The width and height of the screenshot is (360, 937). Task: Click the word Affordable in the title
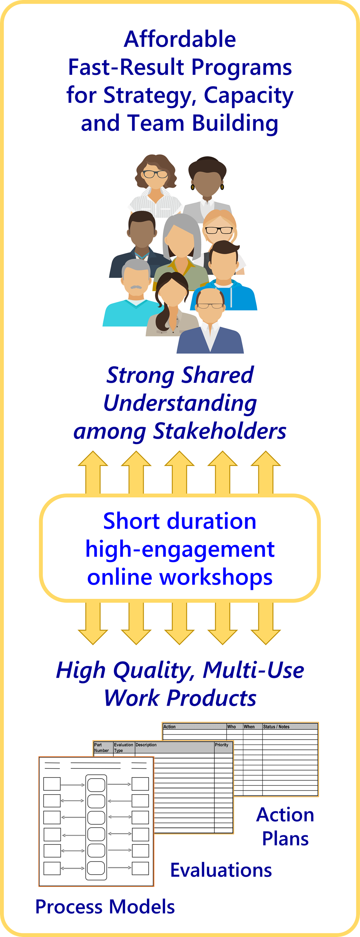click(x=180, y=39)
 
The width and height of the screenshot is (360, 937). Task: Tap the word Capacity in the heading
click(x=248, y=96)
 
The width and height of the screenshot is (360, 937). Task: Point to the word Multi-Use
click(x=253, y=670)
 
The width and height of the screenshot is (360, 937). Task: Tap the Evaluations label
click(x=221, y=870)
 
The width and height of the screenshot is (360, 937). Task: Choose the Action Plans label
click(x=286, y=827)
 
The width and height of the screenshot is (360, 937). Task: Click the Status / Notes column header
click(x=277, y=726)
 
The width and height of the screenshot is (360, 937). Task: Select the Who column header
click(x=232, y=726)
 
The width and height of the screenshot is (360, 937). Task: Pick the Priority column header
click(x=222, y=745)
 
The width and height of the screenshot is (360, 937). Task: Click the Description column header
click(x=146, y=745)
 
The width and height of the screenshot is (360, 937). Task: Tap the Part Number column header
click(x=102, y=747)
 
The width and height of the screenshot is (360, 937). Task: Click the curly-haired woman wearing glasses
click(x=156, y=186)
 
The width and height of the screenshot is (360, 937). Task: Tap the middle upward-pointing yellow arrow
click(x=179, y=472)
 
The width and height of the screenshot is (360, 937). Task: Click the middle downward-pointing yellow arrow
click(x=179, y=623)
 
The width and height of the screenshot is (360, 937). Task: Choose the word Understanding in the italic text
click(x=180, y=403)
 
